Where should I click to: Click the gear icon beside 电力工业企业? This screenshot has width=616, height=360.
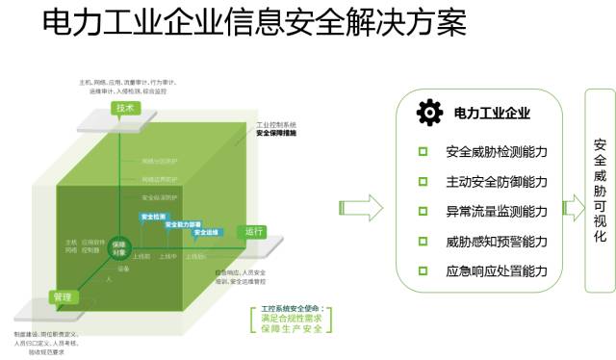click(429, 114)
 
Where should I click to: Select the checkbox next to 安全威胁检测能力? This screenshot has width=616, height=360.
click(422, 151)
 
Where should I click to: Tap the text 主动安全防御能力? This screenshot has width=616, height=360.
click(496, 181)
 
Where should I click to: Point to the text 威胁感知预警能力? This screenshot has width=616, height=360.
click(496, 241)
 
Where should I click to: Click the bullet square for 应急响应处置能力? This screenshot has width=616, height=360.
click(422, 270)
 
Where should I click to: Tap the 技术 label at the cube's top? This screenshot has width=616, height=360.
click(125, 108)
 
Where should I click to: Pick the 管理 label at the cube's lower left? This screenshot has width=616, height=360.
click(63, 296)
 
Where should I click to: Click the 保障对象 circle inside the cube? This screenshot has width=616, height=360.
click(118, 245)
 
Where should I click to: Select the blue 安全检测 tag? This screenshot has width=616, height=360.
click(154, 216)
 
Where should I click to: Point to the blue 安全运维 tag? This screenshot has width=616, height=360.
click(207, 232)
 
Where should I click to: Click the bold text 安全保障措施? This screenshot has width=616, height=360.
click(276, 133)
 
